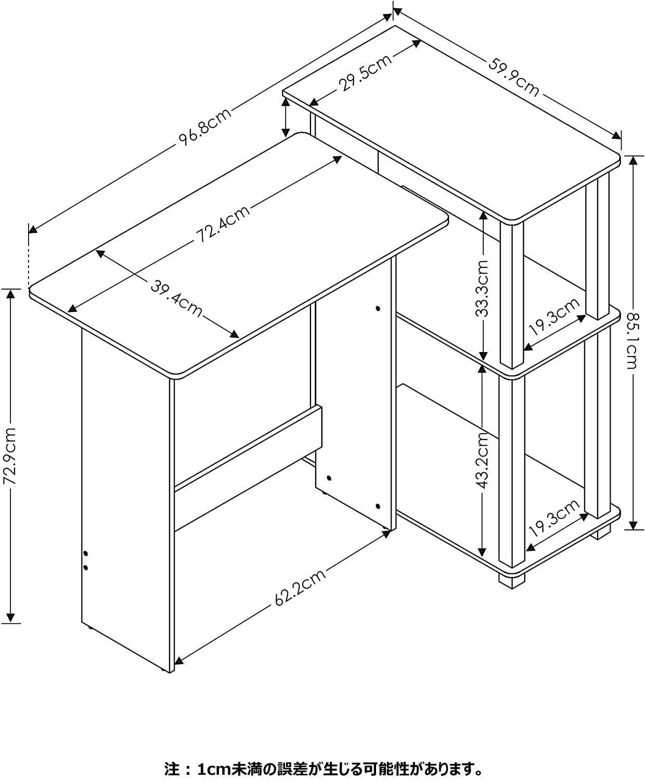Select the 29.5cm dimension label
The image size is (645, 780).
(367, 74)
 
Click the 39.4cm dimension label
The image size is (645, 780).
(177, 298)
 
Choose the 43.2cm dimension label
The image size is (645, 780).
(482, 461)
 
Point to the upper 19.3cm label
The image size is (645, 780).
(553, 317)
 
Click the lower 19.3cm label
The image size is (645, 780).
(553, 518)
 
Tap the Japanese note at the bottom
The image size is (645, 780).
(322, 753)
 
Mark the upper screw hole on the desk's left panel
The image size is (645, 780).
(86, 553)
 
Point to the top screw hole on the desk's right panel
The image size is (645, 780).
(378, 308)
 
